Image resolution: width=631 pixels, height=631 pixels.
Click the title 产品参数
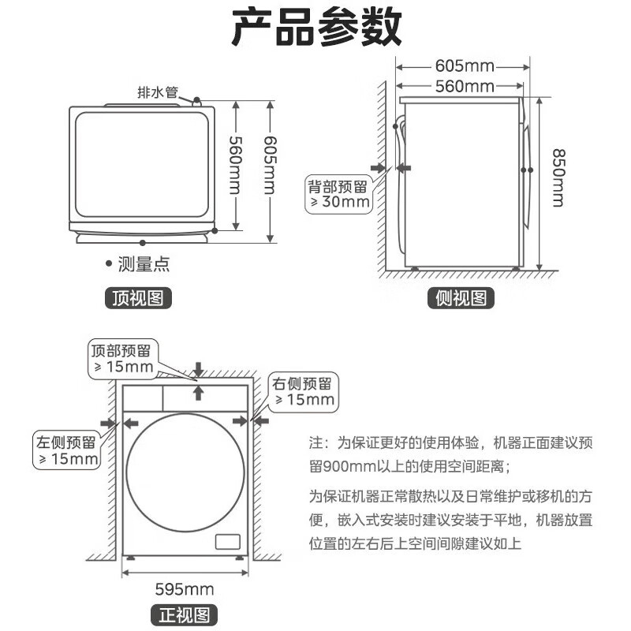click(317, 28)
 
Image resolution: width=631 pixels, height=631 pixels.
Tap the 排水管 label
click(158, 92)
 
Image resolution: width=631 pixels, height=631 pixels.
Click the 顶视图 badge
click(138, 298)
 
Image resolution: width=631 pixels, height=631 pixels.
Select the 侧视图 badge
click(461, 298)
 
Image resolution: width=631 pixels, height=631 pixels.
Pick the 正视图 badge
click(185, 615)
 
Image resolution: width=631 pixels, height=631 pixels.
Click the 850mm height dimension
click(558, 178)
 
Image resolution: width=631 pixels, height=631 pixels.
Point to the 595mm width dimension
click(185, 589)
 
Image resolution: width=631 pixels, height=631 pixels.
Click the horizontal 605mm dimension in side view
click(465, 65)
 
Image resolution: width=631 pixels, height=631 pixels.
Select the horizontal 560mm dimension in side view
click(465, 86)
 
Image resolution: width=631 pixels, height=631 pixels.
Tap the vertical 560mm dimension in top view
click(236, 165)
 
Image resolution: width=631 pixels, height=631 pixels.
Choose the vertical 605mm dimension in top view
click(271, 165)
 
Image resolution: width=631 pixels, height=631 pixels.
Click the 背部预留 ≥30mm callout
click(339, 194)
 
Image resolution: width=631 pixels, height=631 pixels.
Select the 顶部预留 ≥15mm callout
click(123, 359)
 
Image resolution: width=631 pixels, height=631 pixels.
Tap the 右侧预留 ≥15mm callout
click(304, 392)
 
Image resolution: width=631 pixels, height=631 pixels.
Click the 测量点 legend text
click(144, 264)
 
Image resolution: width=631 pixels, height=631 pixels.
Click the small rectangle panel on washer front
click(228, 542)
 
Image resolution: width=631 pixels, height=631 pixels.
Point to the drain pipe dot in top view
click(196, 100)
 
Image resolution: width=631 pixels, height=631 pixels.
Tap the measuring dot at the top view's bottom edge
click(143, 243)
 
